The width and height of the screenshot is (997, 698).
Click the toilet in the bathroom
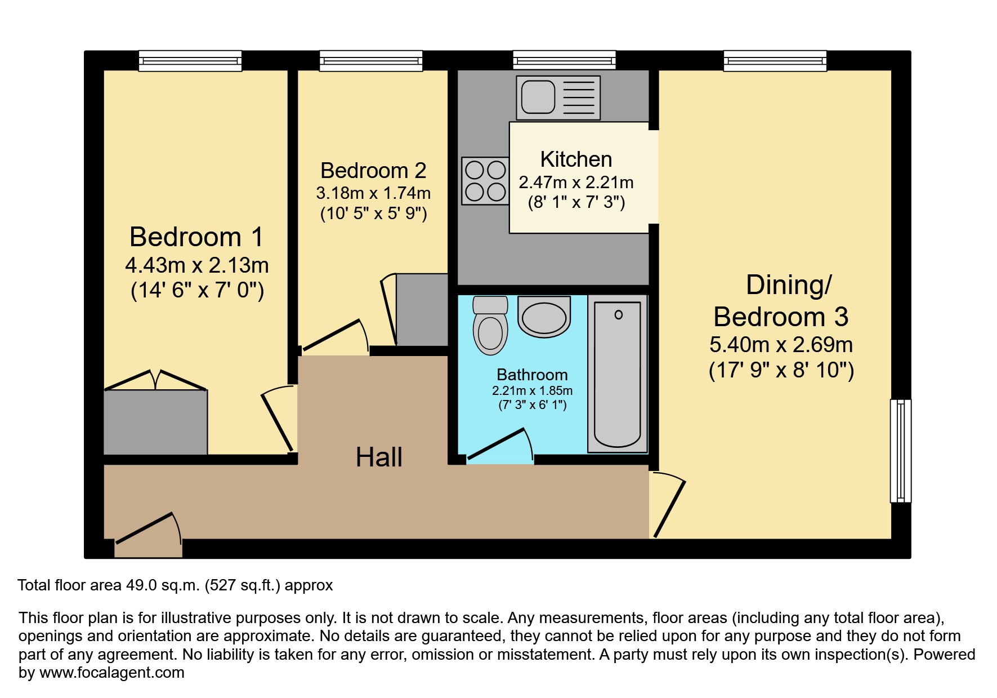490,327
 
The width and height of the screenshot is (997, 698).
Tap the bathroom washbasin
544,317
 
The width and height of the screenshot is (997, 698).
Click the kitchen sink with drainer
558,97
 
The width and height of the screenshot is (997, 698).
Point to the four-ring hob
485,180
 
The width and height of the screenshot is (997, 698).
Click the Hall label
379,457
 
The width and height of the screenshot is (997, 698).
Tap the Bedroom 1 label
196,237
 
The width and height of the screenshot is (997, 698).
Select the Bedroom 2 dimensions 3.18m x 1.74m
373,193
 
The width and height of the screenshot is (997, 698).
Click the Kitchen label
576,159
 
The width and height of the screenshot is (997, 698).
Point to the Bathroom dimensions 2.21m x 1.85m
532,390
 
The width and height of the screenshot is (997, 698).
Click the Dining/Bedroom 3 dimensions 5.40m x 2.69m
781,344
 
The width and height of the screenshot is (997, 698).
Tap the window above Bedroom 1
190,61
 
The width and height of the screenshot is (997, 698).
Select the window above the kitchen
564,61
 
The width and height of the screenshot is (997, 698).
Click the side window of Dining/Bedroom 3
900,451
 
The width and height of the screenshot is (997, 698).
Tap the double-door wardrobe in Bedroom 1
155,421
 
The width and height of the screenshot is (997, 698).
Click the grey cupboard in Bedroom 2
422,309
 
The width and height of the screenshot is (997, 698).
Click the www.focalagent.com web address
111,673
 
